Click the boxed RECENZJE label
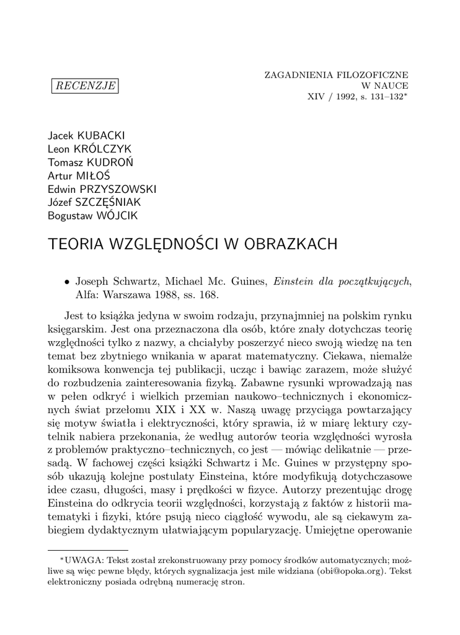(x=85, y=86)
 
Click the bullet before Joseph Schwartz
(x=66, y=282)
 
